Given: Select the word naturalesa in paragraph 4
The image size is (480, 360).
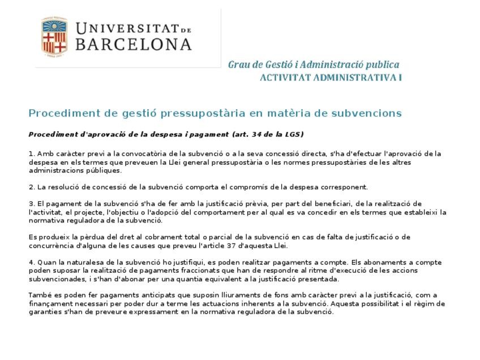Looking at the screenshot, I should pos(82,263).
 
